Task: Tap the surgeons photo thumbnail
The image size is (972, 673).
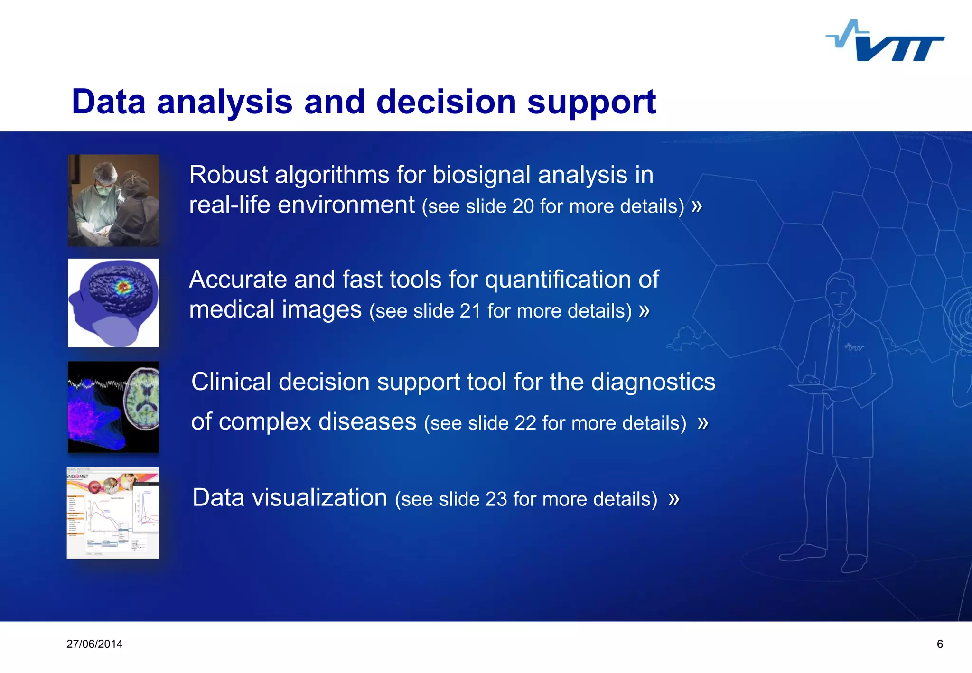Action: (113, 200)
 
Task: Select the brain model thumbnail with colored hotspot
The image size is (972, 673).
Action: (113, 303)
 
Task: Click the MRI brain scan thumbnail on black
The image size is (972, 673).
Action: (113, 407)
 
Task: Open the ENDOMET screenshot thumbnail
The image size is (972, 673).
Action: (113, 513)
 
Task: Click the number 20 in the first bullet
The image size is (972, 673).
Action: (523, 206)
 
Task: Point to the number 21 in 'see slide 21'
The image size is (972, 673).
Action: (470, 311)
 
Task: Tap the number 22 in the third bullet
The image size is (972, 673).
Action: (525, 423)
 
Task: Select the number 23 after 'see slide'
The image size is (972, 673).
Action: (496, 499)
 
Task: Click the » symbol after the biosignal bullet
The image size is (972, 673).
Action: (697, 206)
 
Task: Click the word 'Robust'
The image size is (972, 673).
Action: (228, 175)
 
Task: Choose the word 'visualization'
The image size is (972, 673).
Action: (319, 498)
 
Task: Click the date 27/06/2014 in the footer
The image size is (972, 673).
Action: (94, 644)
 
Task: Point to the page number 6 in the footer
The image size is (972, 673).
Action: (940, 644)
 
